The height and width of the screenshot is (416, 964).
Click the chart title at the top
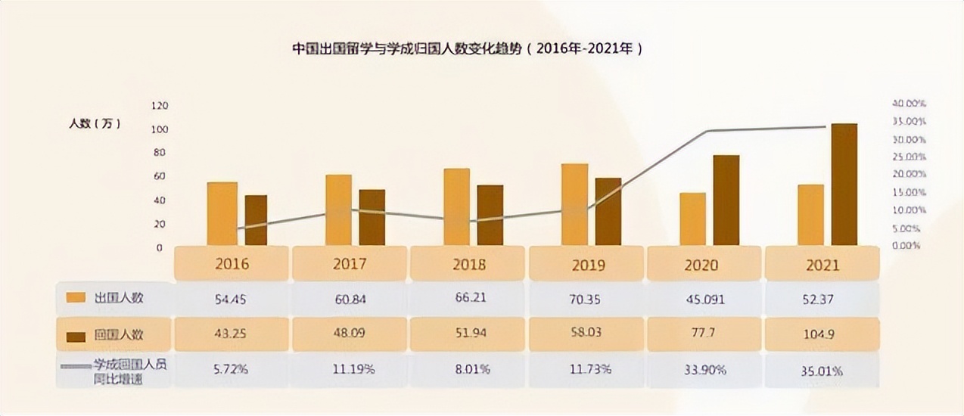pos(468,49)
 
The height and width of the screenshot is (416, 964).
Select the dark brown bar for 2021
pos(844,185)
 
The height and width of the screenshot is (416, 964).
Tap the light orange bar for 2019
pos(574,204)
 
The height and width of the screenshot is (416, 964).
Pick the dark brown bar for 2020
pos(726,200)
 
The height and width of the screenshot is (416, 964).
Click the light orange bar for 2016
pos(222,213)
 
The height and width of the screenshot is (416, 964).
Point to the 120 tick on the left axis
pos(159,105)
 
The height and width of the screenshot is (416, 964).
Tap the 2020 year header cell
pos(703,265)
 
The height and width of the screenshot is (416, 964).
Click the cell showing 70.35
pos(585,300)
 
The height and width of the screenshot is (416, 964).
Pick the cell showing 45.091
pos(703,300)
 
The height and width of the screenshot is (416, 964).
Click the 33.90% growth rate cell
pos(703,370)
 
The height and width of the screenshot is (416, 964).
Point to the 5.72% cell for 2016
pos(232,370)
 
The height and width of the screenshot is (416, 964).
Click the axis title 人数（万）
pos(95,123)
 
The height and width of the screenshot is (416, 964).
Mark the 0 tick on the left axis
pos(159,247)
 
